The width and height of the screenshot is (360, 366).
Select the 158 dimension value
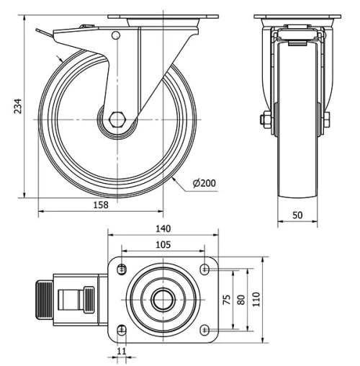click(101, 205)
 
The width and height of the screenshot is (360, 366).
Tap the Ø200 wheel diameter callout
click(204, 184)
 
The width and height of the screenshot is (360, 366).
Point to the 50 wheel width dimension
click(297, 216)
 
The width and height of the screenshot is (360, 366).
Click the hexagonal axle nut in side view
click(119, 119)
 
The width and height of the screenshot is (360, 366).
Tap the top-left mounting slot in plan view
click(121, 269)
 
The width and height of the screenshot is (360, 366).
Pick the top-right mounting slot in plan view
click(207, 269)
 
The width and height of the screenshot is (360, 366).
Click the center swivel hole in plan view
click(163, 299)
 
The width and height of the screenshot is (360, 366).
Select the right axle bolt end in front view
click(327, 120)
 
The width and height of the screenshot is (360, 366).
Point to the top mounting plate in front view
click(297, 17)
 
